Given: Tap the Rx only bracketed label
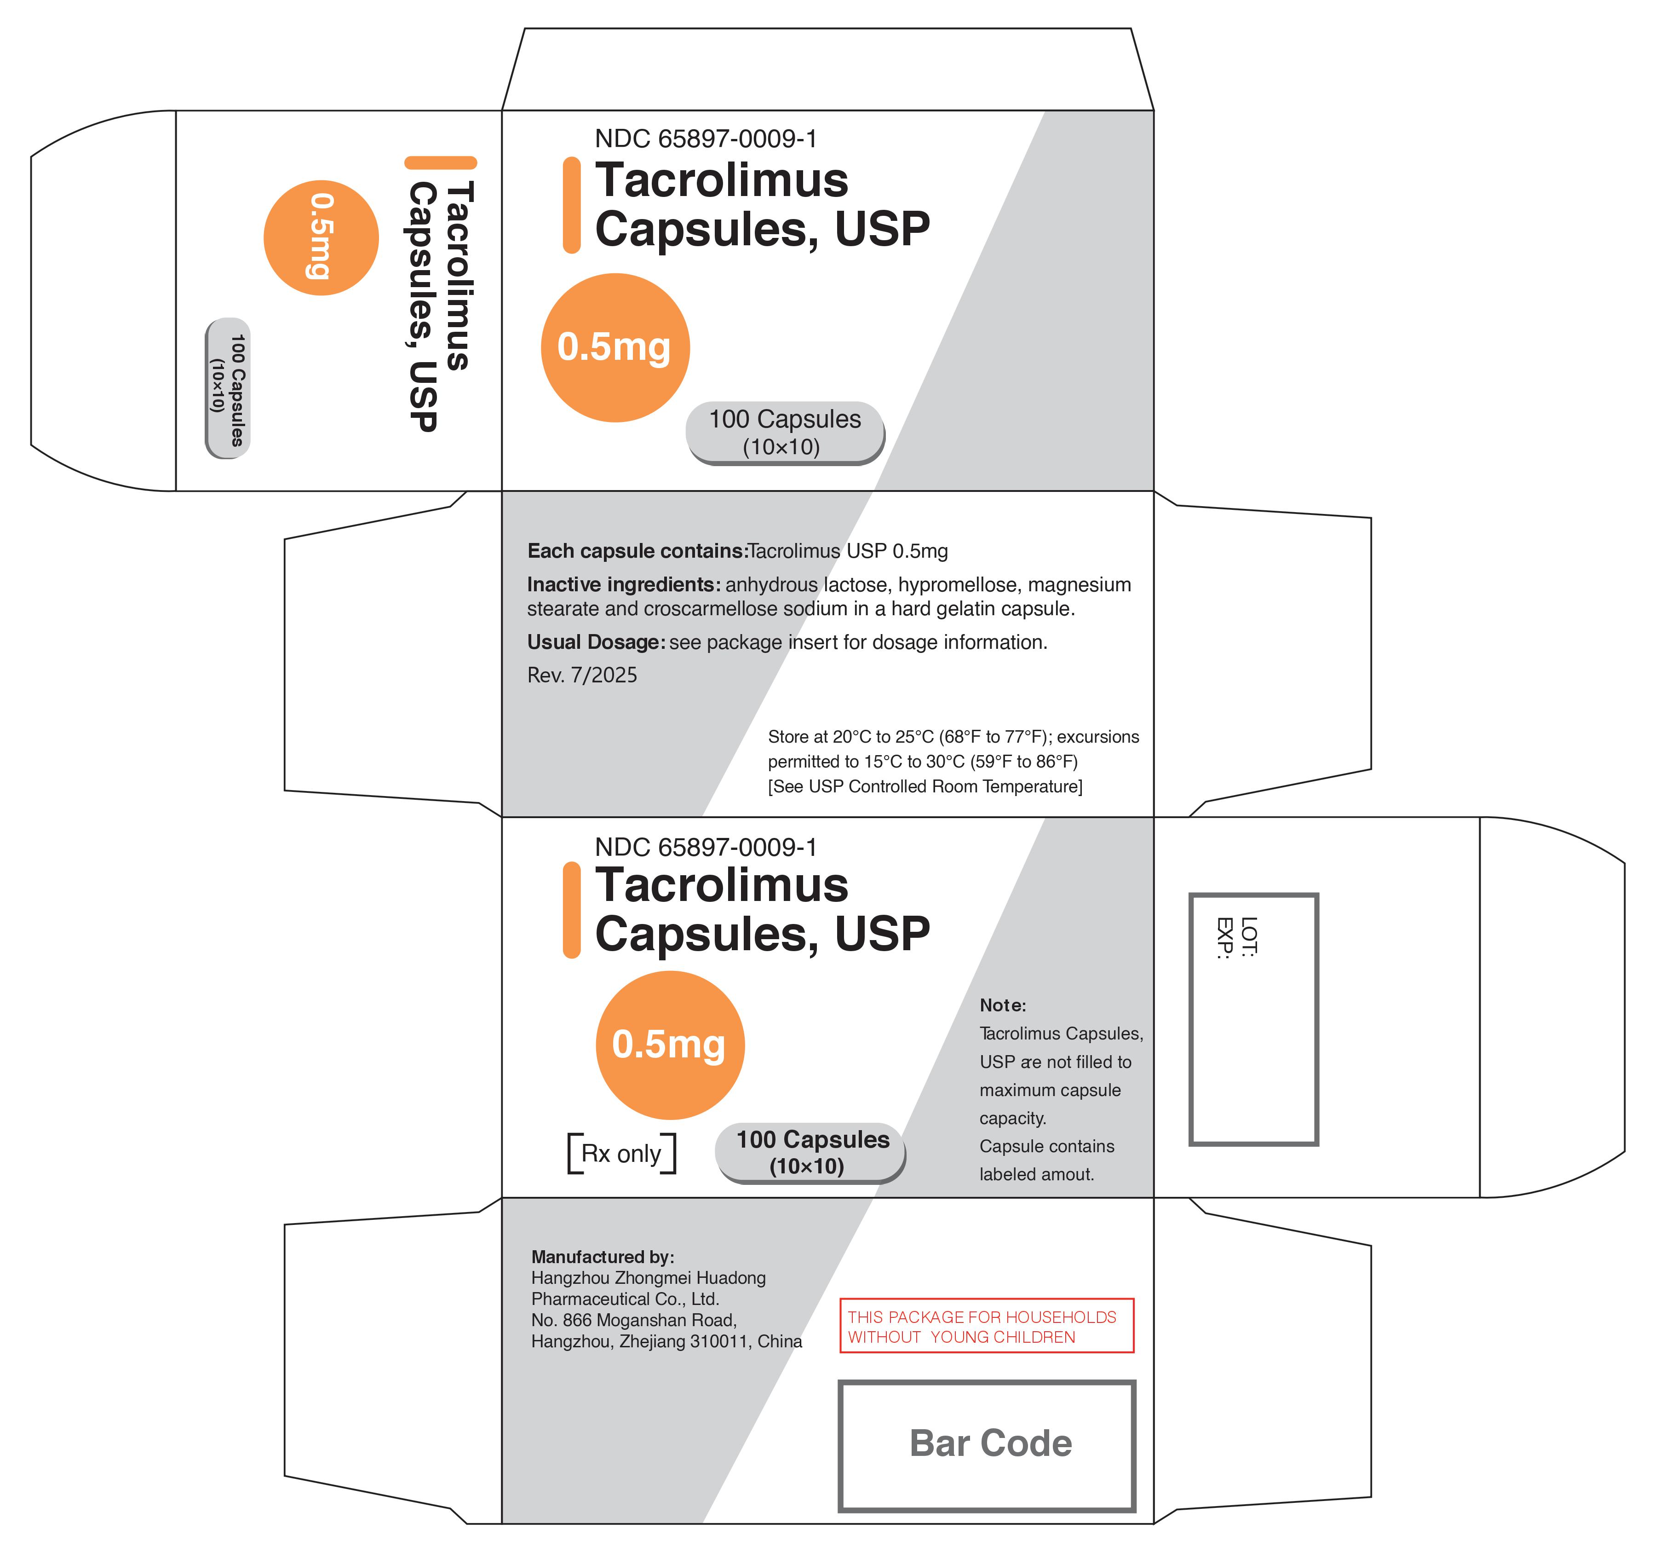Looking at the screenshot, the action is [621, 1154].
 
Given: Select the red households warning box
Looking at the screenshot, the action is [987, 1326].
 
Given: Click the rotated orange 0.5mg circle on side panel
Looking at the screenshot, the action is [321, 238].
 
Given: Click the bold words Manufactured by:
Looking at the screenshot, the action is [603, 1257].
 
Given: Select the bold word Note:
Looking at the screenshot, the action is [1003, 1005].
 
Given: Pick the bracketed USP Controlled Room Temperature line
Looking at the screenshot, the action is [925, 786].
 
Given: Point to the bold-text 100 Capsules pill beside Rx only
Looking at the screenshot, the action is [810, 1153].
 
